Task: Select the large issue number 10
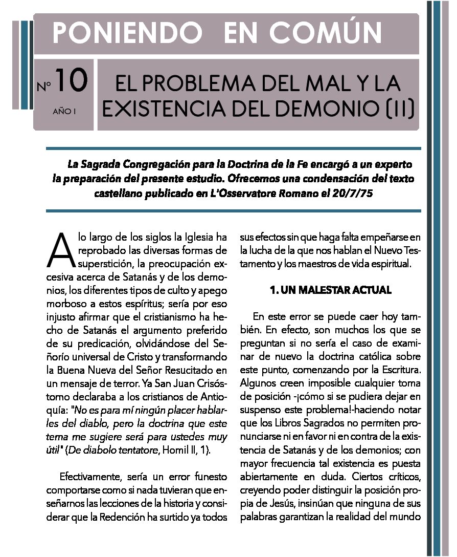(72, 81)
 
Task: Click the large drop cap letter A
(60, 250)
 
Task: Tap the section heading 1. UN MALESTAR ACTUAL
(330, 290)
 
